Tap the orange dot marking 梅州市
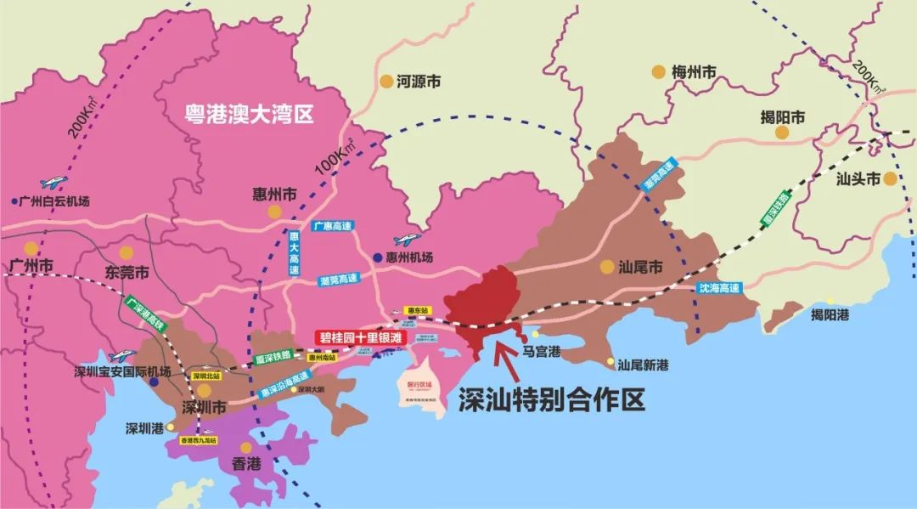658,72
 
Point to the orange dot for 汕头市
890,178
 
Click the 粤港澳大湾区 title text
250,114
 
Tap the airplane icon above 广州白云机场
53,182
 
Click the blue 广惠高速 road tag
332,226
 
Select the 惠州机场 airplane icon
406,240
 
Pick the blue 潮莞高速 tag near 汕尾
663,178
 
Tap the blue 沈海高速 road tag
719,288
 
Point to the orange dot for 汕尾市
606,266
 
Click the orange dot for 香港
245,447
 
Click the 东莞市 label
127,273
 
